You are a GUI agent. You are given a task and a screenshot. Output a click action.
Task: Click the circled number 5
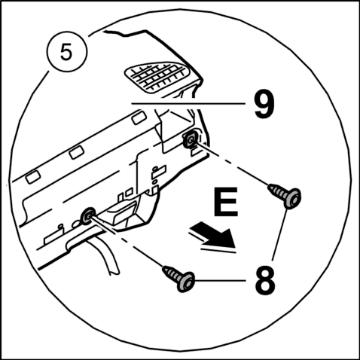(x=66, y=52)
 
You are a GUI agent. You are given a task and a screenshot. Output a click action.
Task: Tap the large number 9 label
(x=264, y=104)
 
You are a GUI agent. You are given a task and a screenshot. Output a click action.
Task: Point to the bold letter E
(x=226, y=202)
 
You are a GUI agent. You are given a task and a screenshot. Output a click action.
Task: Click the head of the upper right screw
(x=293, y=198)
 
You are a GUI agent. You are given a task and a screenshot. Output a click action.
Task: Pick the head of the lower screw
(x=186, y=282)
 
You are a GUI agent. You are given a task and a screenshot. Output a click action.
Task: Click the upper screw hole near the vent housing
(x=191, y=139)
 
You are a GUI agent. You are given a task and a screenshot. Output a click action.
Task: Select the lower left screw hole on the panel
(x=87, y=215)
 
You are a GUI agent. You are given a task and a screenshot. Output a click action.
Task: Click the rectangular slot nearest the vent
(x=139, y=118)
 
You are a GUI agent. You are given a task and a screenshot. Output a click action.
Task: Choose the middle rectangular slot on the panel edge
(x=77, y=152)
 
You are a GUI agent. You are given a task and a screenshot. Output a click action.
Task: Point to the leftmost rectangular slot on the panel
(x=33, y=177)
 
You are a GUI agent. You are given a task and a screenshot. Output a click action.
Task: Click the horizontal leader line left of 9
(x=188, y=103)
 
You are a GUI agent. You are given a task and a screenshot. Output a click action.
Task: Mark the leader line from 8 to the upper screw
(x=279, y=235)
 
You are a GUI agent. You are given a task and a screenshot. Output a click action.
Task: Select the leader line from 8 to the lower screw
(x=220, y=281)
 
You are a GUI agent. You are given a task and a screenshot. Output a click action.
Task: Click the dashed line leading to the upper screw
(x=232, y=164)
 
